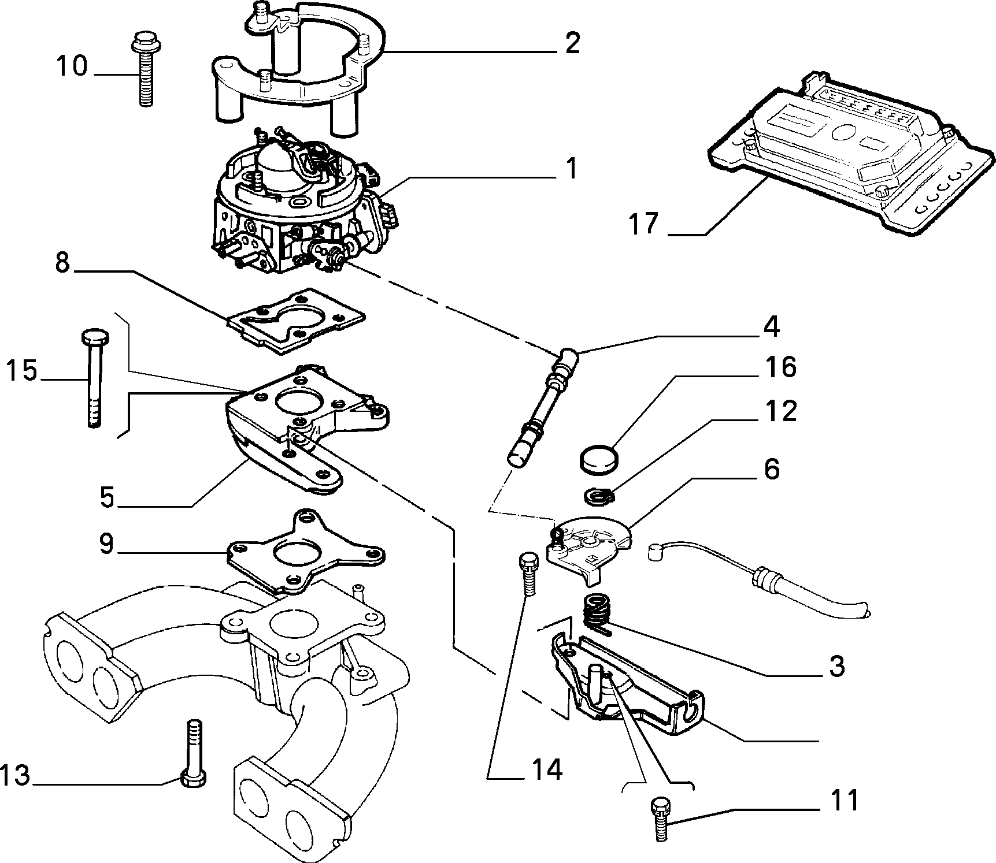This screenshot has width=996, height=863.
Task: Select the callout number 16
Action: click(780, 367)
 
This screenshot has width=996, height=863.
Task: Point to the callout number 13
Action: click(14, 776)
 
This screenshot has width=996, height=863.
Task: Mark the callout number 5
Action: click(108, 497)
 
